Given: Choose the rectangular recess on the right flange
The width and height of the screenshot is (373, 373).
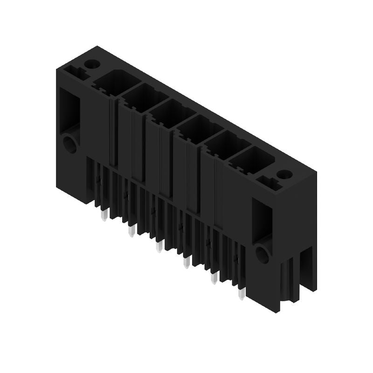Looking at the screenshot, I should [x=261, y=218].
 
